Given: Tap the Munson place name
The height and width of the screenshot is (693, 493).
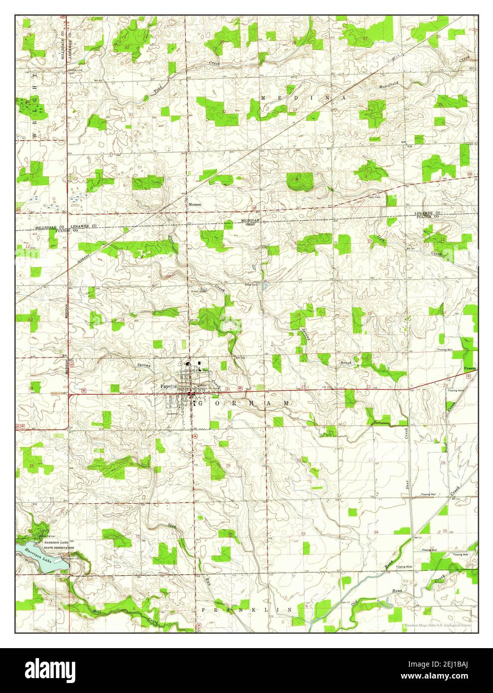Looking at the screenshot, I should point(194,204).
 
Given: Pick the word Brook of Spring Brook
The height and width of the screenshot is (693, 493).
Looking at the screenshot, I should point(346,362).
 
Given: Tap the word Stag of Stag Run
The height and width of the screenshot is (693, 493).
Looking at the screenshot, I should point(172,525).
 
